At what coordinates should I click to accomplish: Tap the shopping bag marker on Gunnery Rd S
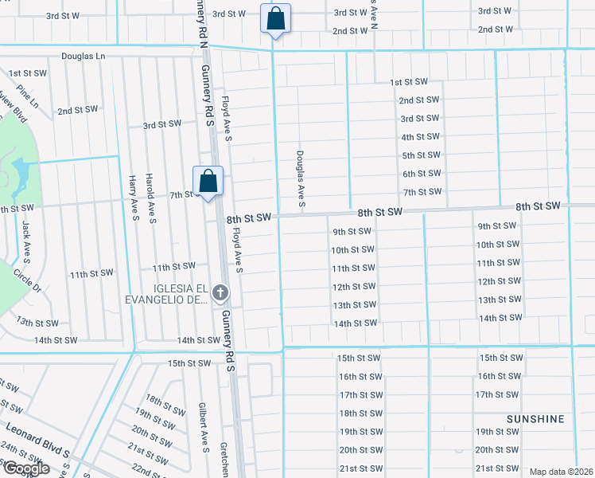click(208, 181)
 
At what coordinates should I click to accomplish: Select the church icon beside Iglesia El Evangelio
click(220, 294)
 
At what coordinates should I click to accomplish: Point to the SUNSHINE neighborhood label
click(535, 418)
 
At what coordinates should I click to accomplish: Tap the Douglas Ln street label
click(83, 57)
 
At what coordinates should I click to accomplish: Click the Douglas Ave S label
click(301, 177)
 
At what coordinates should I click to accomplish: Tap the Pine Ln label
click(28, 98)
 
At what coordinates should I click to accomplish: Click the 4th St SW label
click(421, 137)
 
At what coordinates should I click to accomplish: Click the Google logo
click(25, 469)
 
